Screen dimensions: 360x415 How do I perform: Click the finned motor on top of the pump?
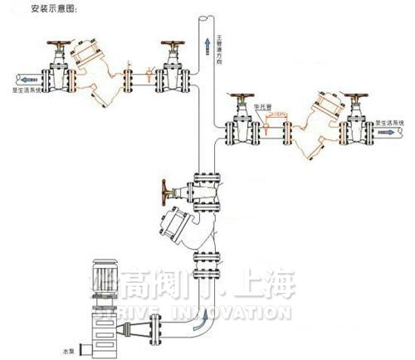pos(107,285)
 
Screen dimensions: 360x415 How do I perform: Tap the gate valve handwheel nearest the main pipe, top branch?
pos(173,45)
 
